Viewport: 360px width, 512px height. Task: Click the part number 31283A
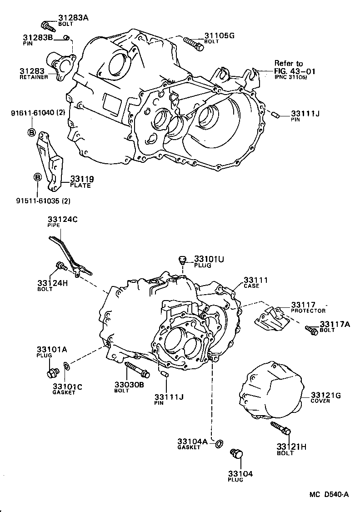click(x=73, y=18)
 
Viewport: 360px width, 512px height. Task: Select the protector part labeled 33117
click(x=272, y=321)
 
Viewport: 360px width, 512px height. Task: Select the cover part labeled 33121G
click(x=270, y=391)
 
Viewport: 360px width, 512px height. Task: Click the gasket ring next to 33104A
click(x=219, y=443)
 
